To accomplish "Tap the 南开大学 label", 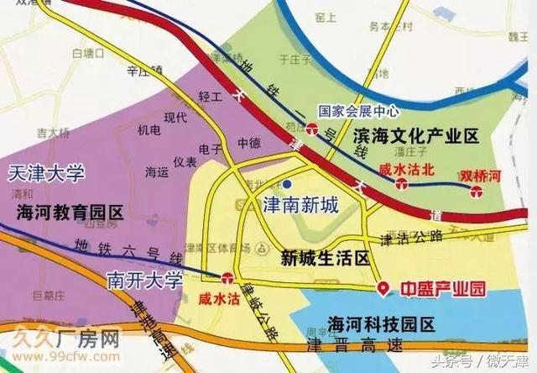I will pyautogui.click(x=144, y=281).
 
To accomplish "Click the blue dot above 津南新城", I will pyautogui.click(x=288, y=183).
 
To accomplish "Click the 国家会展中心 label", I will pyautogui.click(x=359, y=110).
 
